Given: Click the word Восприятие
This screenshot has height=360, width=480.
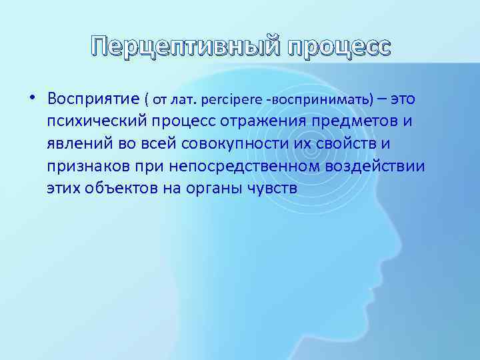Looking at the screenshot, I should click(x=93, y=100).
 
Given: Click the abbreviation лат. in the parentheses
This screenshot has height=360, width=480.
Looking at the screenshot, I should click(x=193, y=101).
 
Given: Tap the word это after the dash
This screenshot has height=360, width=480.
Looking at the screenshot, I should click(x=403, y=99).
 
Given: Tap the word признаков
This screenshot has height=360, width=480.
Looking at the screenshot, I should click(x=85, y=166).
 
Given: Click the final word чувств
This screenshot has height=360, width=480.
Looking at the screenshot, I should click(x=276, y=188).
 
